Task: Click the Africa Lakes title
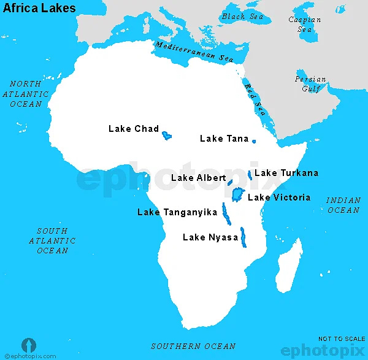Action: click(x=39, y=8)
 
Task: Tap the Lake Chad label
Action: click(x=133, y=129)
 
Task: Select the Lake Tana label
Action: click(x=224, y=139)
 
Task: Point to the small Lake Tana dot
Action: click(x=254, y=141)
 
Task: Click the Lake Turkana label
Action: click(x=286, y=173)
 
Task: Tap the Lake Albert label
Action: click(x=198, y=178)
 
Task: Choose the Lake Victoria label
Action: click(x=278, y=197)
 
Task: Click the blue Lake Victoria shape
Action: click(x=237, y=194)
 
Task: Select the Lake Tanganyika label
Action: click(x=177, y=212)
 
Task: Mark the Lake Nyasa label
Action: click(x=210, y=237)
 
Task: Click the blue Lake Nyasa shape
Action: click(x=243, y=237)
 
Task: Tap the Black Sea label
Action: click(x=242, y=17)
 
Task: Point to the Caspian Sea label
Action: click(x=304, y=24)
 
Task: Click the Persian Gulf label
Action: click(x=310, y=83)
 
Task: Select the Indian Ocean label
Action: click(x=343, y=205)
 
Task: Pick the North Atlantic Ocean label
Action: click(x=25, y=94)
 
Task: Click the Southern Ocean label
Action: click(x=193, y=346)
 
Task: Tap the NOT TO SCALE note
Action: click(x=341, y=339)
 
